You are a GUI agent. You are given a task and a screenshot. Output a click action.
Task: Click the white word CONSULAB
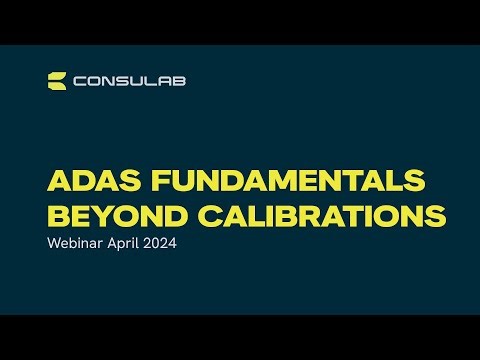(x=129, y=81)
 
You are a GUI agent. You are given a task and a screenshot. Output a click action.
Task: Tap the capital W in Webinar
(x=55, y=244)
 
